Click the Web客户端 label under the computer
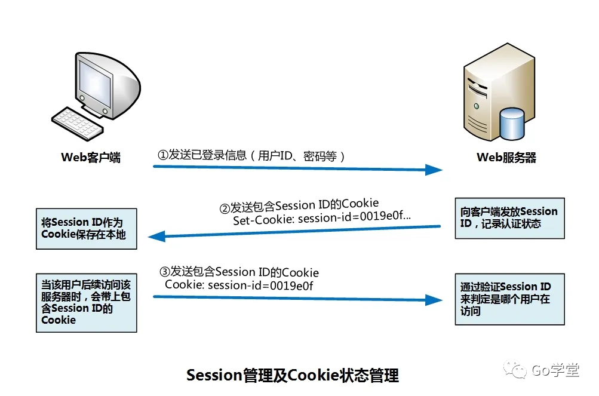click(x=91, y=158)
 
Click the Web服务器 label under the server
click(x=506, y=158)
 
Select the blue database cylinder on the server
click(x=511, y=122)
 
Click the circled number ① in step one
click(x=163, y=155)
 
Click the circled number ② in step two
click(x=225, y=208)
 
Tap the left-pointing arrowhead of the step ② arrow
click(x=158, y=235)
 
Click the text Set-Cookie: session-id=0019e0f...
click(x=322, y=219)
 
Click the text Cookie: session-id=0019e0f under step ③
click(x=239, y=285)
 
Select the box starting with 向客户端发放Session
click(x=509, y=218)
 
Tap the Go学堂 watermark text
click(x=555, y=371)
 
